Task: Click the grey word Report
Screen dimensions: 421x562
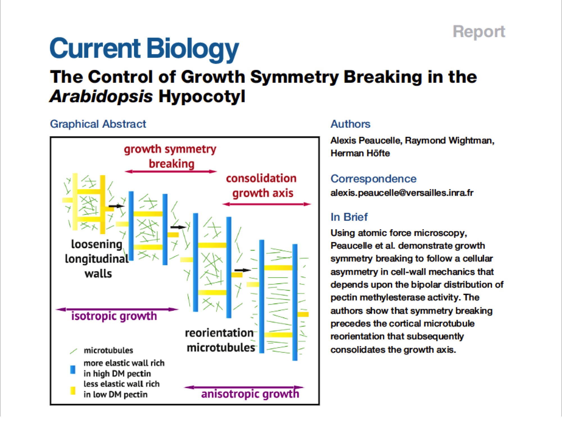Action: pos(479,31)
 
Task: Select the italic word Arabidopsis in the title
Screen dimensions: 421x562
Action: pos(101,97)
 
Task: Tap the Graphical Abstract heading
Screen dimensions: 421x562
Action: pos(98,124)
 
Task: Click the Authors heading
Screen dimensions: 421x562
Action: pos(350,124)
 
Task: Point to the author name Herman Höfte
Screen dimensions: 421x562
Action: pos(360,153)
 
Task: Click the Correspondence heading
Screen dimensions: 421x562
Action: pos(373,179)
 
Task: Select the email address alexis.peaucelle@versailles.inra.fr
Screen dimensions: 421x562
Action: pos(402,193)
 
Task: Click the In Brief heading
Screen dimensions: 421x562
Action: pos(349,217)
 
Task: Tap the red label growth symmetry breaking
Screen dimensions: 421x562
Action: pos(170,156)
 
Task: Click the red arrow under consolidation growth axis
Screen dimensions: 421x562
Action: pos(266,204)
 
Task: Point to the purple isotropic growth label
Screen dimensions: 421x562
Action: pos(114,316)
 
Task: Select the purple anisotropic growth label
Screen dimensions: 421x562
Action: pos(250,394)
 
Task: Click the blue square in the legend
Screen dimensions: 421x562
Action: pos(73,369)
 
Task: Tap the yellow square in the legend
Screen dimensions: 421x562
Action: pos(73,390)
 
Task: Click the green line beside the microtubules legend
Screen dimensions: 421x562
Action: pos(73,351)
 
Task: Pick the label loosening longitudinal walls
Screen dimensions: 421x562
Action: pos(97,259)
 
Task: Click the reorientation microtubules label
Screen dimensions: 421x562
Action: pos(220,340)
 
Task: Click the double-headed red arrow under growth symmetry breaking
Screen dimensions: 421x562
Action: pos(171,171)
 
